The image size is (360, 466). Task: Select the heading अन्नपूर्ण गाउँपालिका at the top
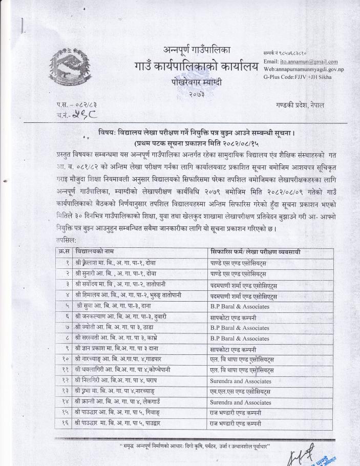pos(197,50)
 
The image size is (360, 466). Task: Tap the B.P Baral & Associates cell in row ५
pos(240,306)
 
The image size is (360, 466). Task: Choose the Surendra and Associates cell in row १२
pos(241,381)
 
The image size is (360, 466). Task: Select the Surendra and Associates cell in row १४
pos(241,403)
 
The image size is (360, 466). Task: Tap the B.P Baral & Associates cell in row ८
pos(240,338)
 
